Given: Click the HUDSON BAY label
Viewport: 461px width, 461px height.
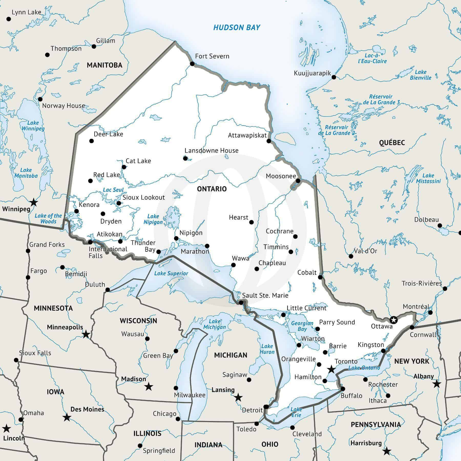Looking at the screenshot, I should [x=237, y=27].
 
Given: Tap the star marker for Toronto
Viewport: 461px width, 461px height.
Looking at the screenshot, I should [x=331, y=369].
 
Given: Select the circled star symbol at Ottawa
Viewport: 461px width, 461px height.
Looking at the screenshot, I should [x=393, y=320].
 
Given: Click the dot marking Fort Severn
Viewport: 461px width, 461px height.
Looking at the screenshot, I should [x=192, y=64].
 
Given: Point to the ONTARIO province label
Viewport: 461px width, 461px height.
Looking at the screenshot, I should [x=212, y=189].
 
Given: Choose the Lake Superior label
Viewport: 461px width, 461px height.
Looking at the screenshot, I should [x=171, y=274].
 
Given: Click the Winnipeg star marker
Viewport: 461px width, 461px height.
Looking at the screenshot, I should [x=34, y=203].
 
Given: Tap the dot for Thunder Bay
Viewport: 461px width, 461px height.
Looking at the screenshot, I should [x=159, y=252].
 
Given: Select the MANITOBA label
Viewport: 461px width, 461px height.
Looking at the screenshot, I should [x=104, y=65].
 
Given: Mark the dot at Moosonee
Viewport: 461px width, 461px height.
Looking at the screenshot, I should [x=298, y=181].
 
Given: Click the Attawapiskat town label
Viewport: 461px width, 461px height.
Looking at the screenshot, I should [x=247, y=135].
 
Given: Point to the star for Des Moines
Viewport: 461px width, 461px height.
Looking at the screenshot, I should [x=67, y=417].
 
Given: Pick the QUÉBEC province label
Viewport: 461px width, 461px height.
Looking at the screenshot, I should [x=392, y=143].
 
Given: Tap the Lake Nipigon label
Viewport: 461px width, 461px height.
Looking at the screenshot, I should [x=153, y=219].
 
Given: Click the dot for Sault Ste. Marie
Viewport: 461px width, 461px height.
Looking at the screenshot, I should [x=241, y=303].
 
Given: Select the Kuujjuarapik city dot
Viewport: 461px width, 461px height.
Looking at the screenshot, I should [x=334, y=77].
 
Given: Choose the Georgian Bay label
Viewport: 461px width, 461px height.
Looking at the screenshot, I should [x=302, y=326].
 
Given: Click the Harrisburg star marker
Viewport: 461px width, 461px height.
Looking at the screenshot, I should [x=386, y=451].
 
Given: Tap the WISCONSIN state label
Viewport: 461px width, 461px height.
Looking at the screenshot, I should [x=138, y=321].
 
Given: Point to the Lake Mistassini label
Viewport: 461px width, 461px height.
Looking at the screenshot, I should [x=428, y=178].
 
